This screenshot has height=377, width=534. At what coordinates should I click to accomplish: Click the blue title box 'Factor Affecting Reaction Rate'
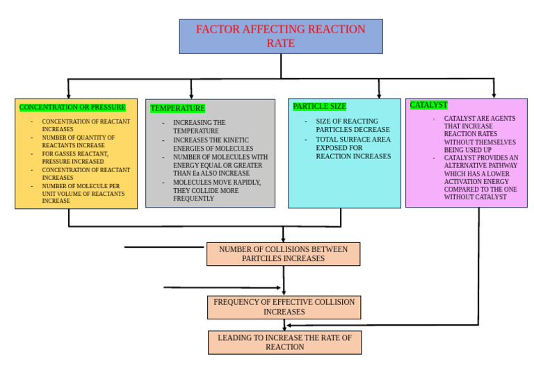[x=280, y=36]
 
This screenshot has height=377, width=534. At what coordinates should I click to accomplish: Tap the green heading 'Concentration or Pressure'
[x=72, y=108]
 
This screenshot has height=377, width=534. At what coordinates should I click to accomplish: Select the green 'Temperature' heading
[x=177, y=108]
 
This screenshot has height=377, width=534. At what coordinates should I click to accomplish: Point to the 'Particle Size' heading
[x=319, y=107]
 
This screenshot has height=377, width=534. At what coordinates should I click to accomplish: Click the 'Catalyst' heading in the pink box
[x=428, y=105]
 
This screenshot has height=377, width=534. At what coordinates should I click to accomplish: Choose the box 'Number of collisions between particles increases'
[x=283, y=254]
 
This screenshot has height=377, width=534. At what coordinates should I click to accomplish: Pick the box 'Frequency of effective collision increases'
[x=284, y=307]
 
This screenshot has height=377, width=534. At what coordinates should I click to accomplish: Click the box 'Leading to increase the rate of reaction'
[x=284, y=342]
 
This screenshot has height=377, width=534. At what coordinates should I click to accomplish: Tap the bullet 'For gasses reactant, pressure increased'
[x=75, y=158]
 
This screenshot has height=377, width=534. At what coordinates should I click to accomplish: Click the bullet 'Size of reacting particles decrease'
[x=353, y=126]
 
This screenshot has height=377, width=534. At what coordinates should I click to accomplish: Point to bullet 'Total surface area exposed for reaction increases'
[x=353, y=148]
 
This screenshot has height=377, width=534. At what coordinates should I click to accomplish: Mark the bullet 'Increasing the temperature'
[x=199, y=127]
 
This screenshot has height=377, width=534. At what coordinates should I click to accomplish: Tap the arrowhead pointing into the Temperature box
[x=191, y=95]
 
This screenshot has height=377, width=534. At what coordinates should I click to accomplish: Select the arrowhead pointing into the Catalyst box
[x=494, y=94]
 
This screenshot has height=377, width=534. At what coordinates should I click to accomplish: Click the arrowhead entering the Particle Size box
[x=379, y=94]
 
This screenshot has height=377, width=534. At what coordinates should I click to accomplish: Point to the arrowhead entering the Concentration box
[x=68, y=94]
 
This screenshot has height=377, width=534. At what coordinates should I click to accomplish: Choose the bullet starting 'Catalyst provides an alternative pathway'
[x=480, y=178]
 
